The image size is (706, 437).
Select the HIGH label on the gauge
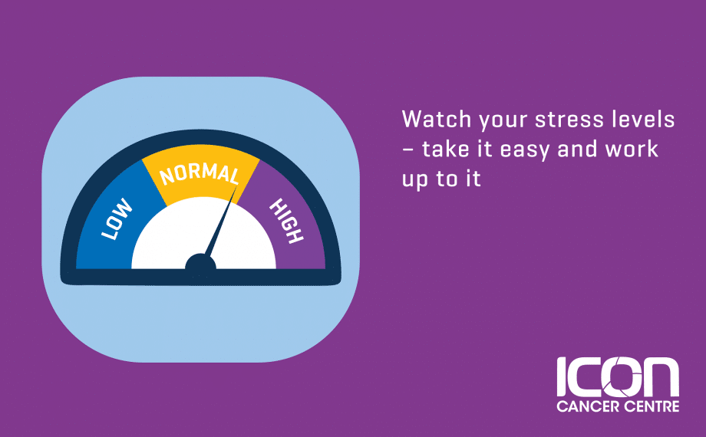[x=286, y=221]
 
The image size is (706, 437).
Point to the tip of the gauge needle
[x=236, y=188]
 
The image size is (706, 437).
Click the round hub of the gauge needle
[x=200, y=262]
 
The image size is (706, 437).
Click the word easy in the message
[x=525, y=150]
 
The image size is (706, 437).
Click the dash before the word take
[x=407, y=149]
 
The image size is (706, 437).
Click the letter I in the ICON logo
[x=561, y=378]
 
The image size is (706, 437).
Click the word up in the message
[x=414, y=180]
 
